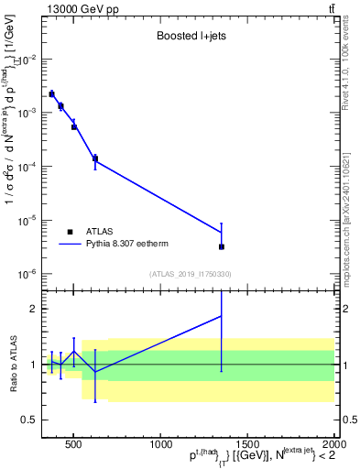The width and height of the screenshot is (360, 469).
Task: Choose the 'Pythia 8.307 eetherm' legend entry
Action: [136, 245]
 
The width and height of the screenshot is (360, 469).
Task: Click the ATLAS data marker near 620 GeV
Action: [95, 158]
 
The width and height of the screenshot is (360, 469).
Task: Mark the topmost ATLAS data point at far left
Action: [51, 93]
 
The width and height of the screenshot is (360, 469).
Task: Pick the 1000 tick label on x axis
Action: [158, 443]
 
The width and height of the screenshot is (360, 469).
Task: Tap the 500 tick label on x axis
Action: [74, 443]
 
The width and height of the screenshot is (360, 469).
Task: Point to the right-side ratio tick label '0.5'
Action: [348, 420]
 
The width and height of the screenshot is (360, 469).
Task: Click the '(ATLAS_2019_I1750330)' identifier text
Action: [189, 274]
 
